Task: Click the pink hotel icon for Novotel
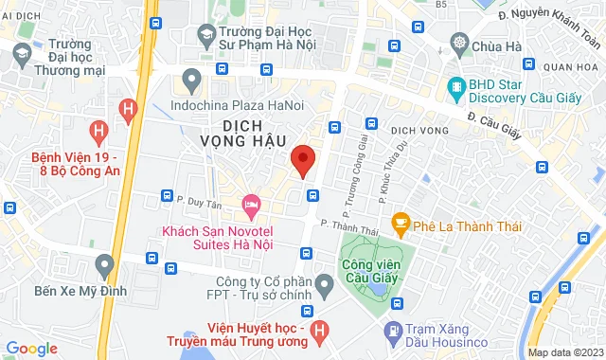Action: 251,204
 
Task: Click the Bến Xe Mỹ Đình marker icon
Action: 104,263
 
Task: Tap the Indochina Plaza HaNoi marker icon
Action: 193,79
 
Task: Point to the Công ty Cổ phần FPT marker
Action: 324,282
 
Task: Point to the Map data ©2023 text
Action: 565,352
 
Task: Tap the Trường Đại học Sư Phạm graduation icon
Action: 205,35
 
